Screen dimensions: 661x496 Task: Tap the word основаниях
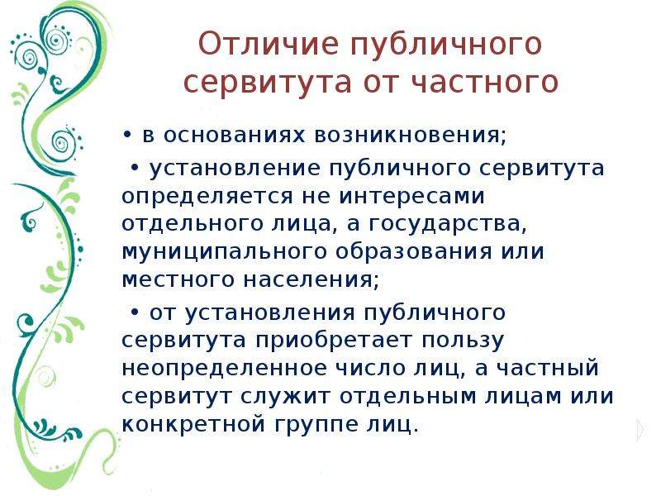pyautogui.click(x=234, y=135)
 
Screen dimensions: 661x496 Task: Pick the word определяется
pyautogui.click(x=207, y=198)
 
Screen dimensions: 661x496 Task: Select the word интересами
pyautogui.click(x=412, y=196)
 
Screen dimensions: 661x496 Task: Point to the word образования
pyautogui.click(x=414, y=252)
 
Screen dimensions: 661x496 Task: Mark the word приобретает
pyautogui.click(x=333, y=341)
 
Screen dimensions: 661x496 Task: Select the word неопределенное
pyautogui.click(x=224, y=368)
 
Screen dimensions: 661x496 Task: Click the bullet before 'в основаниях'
pyautogui.click(x=126, y=135)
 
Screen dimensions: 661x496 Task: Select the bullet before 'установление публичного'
pyautogui.click(x=135, y=168)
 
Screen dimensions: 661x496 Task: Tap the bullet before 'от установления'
pyautogui.click(x=135, y=312)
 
